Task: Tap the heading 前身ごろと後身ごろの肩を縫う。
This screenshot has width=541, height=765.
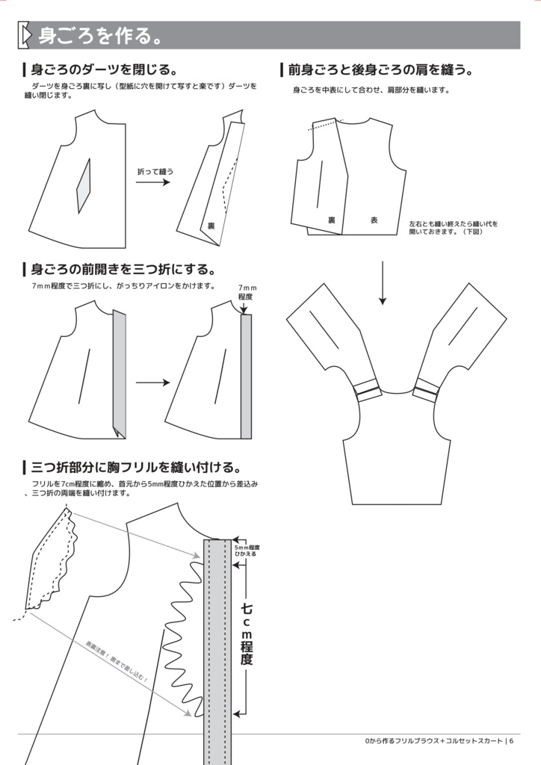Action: pyautogui.click(x=380, y=70)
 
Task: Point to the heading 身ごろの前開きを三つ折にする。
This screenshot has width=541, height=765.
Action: pyautogui.click(x=123, y=269)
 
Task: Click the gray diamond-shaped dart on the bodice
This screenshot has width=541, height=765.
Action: pyautogui.click(x=83, y=186)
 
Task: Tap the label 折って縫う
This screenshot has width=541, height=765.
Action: pyautogui.click(x=155, y=171)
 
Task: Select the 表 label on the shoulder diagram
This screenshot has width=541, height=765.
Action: pyautogui.click(x=374, y=220)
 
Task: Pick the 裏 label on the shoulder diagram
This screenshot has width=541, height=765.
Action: pyautogui.click(x=331, y=220)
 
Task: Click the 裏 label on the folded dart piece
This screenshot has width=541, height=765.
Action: pyautogui.click(x=211, y=226)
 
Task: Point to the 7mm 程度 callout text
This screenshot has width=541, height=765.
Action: pyautogui.click(x=246, y=292)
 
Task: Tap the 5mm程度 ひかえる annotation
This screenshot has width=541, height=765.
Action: pyautogui.click(x=247, y=550)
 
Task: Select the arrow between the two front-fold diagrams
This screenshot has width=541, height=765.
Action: pyautogui.click(x=152, y=382)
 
